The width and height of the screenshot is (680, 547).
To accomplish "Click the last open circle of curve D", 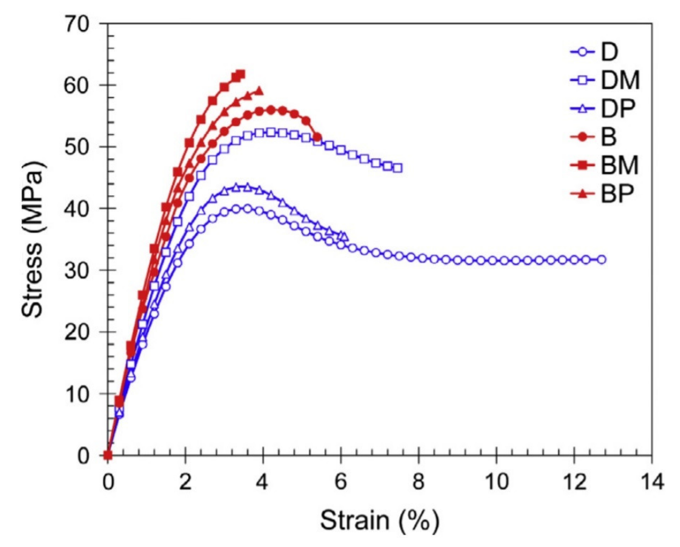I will pos(602,260).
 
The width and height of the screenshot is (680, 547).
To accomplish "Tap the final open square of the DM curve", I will pos(398,168).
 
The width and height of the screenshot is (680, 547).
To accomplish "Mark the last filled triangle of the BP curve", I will pos(259,91).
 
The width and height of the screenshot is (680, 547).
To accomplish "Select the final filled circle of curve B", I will pos(317,137).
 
